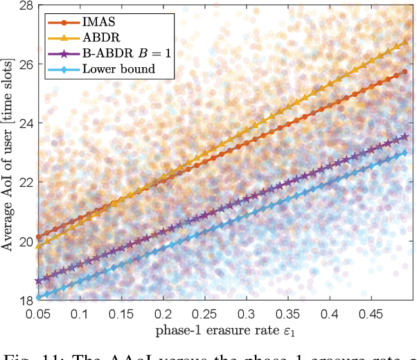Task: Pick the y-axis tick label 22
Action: (x=24, y=182)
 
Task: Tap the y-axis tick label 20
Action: (x=24, y=242)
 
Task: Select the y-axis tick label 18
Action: (x=24, y=300)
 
